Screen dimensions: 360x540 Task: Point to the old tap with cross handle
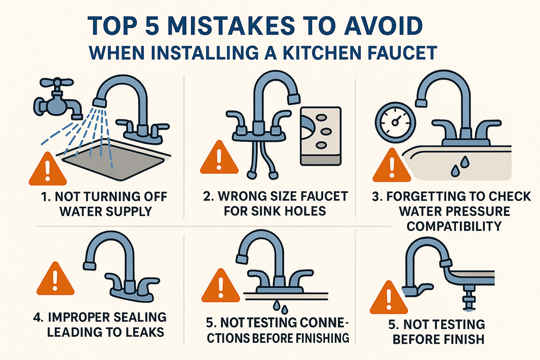click(x=55, y=101)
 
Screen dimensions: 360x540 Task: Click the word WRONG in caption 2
click(x=235, y=196)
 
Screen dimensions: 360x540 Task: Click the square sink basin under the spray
click(x=113, y=161)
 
